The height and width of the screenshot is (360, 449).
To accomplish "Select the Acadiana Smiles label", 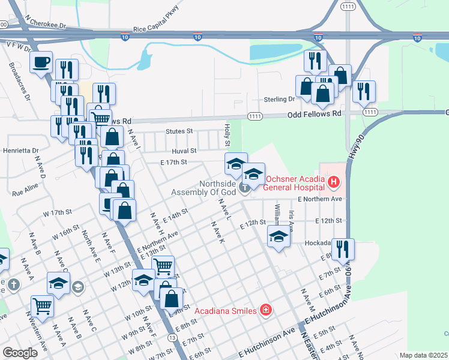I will pos(226,310).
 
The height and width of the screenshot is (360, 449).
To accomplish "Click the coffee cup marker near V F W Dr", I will pos(41,63).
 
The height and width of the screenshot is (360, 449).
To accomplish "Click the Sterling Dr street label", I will pos(280,99).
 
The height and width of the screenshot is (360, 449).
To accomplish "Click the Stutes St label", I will pos(179,131).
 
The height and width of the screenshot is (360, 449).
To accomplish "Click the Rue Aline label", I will pos(25,194).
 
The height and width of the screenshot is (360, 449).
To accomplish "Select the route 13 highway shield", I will pos(172,338).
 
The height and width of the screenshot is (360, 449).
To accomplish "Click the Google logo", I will pos(20,353).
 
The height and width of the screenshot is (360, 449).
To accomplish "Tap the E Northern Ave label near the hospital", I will pos(319,199).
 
